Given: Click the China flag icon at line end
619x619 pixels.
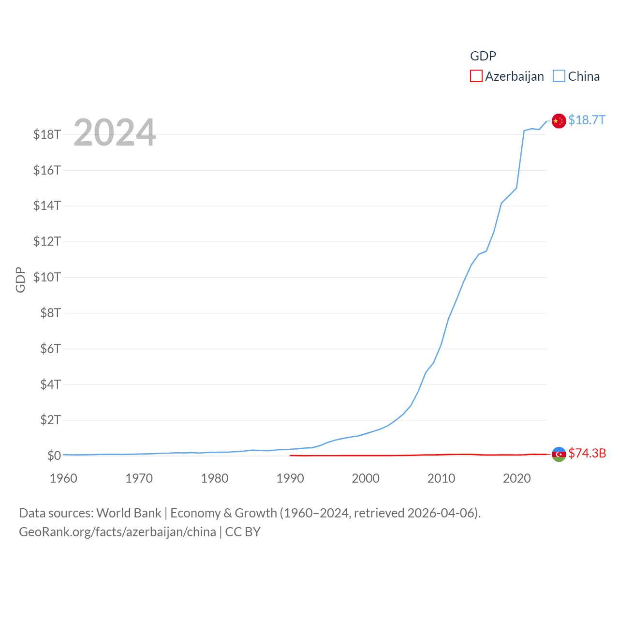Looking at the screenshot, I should click(559, 121).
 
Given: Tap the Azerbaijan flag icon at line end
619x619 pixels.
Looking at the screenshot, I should click(559, 454).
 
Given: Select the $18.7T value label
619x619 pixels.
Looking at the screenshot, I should click(587, 120).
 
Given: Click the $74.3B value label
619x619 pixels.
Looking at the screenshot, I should click(587, 453).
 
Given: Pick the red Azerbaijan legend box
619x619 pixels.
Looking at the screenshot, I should click(476, 76).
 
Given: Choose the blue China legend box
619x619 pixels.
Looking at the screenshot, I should click(559, 76).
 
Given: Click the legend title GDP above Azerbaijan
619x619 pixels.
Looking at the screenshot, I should click(483, 56).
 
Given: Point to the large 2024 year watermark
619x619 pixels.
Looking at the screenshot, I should click(115, 132).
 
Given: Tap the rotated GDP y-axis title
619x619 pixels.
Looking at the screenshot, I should click(20, 280).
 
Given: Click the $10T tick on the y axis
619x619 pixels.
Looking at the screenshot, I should click(47, 277).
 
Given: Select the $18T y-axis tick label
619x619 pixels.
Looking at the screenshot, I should click(47, 134).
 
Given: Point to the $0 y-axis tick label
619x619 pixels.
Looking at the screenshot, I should click(54, 456).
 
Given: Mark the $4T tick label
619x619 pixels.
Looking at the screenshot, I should click(50, 384).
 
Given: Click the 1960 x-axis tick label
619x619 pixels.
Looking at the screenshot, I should click(63, 478).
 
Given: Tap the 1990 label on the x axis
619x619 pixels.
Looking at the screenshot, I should click(290, 478).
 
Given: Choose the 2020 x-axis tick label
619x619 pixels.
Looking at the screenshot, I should click(517, 478).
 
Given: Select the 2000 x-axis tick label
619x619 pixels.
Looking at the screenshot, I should click(366, 478).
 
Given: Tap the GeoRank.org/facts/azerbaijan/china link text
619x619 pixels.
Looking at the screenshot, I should click(118, 532).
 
